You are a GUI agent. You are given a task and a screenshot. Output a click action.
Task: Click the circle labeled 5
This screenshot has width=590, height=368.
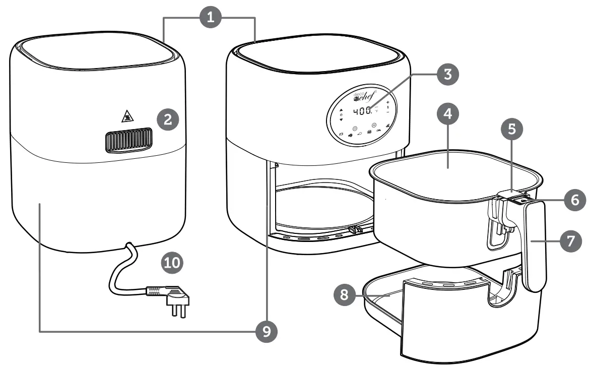point(511,130)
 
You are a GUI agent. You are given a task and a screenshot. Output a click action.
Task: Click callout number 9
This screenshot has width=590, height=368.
point(265,331)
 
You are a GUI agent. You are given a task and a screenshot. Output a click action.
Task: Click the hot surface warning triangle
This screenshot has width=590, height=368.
point(125,118)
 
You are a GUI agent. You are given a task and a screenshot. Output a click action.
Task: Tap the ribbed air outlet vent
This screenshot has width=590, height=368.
point(128,141)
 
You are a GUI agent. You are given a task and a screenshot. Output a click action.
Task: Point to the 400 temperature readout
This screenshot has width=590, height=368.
point(363,110)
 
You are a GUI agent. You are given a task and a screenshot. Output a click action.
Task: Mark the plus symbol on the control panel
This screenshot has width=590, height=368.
point(387,102)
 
